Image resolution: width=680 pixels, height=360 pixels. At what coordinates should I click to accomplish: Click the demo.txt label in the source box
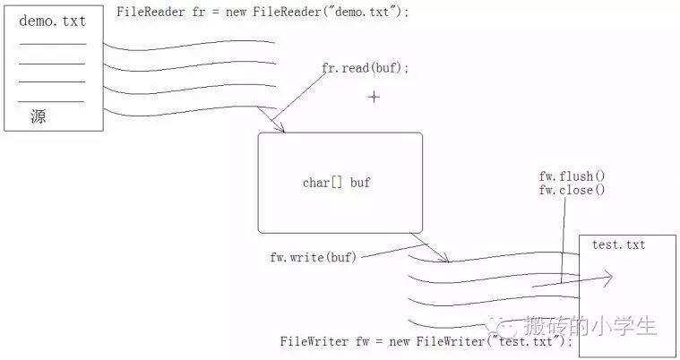(51, 21)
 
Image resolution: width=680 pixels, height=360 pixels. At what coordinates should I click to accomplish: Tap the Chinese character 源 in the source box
(38, 116)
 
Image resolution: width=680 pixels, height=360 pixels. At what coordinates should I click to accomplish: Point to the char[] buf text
(337, 183)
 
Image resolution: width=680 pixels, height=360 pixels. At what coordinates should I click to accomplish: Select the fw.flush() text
(572, 176)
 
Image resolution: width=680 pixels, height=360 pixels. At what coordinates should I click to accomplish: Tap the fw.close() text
(572, 190)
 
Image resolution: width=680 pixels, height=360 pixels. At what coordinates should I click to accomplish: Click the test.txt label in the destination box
(618, 244)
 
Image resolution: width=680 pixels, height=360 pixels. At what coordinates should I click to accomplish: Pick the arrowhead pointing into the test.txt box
(608, 279)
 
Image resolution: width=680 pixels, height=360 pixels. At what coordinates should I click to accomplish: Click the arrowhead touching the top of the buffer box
(279, 128)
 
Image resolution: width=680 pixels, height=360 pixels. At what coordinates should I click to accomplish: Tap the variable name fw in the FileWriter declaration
(358, 342)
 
